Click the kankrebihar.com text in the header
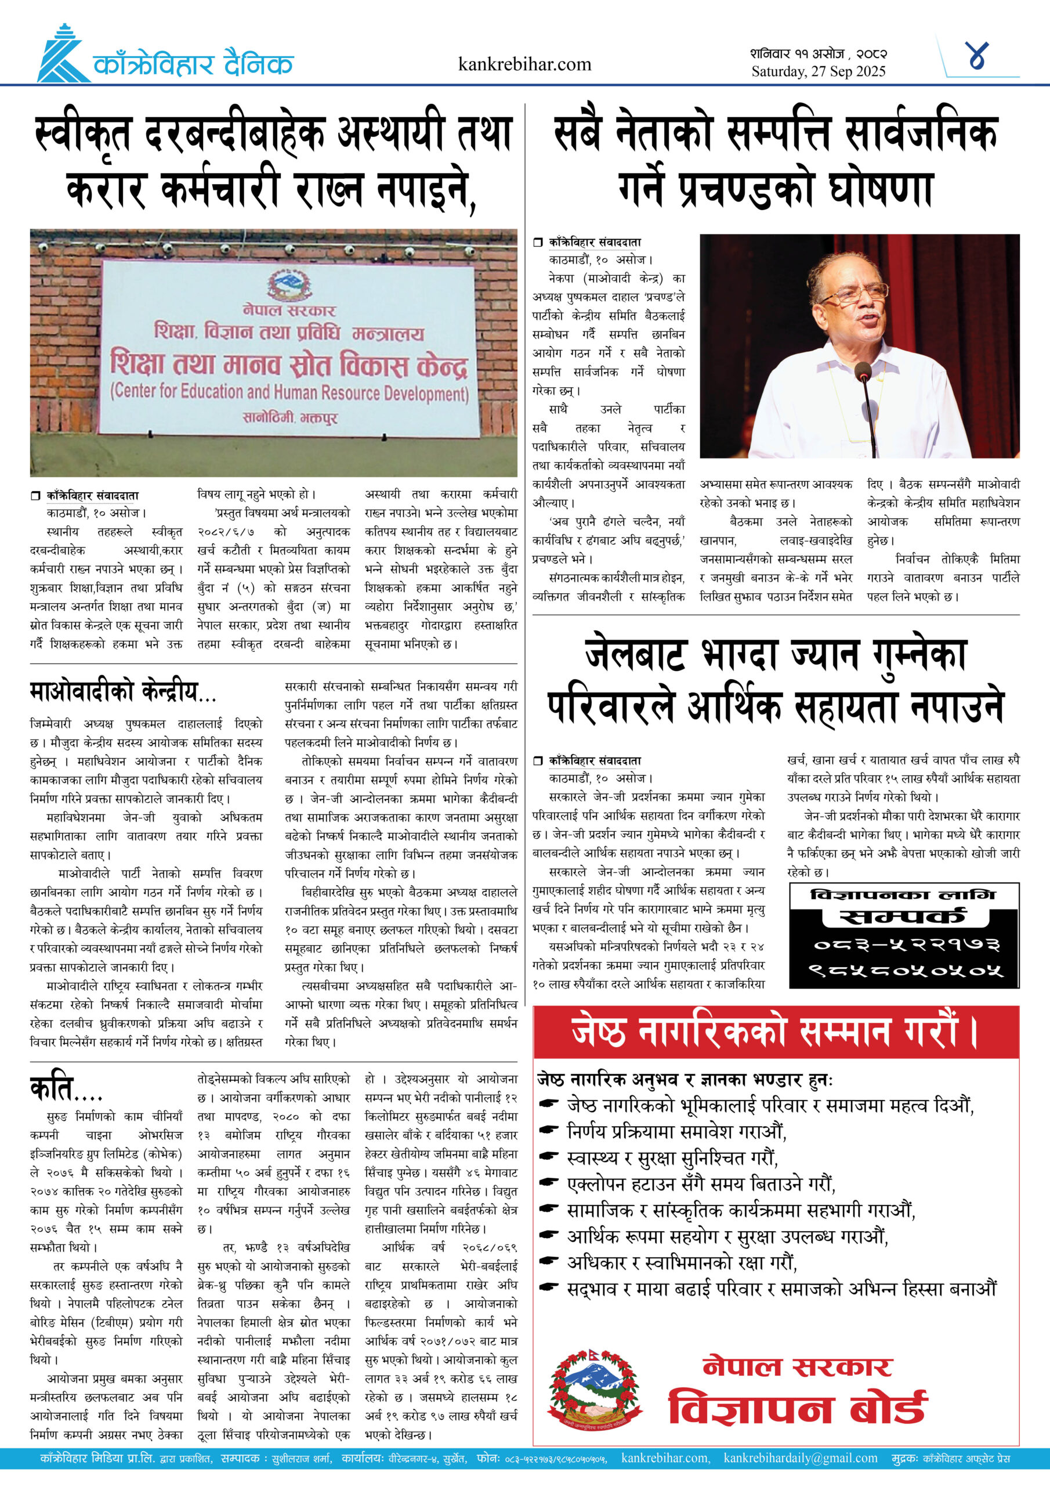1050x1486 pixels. coord(524,64)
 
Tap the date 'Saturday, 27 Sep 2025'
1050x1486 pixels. coord(818,71)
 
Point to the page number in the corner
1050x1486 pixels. coord(976,56)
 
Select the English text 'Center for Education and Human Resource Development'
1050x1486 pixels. coord(289,392)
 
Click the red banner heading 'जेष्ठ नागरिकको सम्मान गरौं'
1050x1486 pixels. coord(775,1032)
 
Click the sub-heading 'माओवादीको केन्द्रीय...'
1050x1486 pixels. coord(123,692)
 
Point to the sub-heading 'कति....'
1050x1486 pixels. coord(66,1088)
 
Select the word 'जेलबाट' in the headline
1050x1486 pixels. coord(635,655)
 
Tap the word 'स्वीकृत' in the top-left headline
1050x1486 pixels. coord(84,134)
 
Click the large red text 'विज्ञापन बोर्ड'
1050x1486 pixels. coord(797,1408)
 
